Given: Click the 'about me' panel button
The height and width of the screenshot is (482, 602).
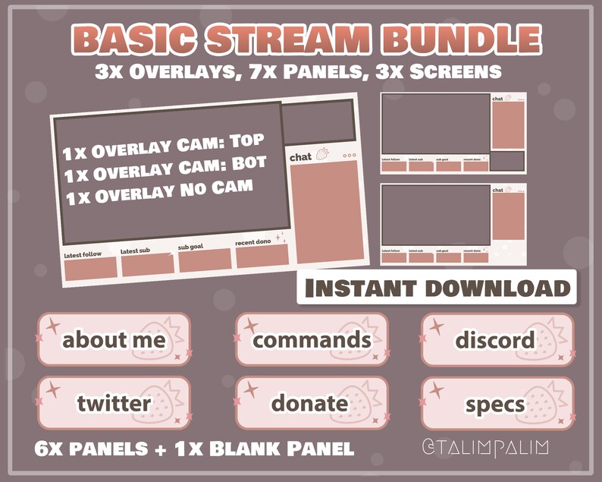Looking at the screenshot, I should [114, 339].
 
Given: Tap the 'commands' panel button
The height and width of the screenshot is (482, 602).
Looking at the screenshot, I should [312, 339].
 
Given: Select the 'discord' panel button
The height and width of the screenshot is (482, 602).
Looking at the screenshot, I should [497, 339].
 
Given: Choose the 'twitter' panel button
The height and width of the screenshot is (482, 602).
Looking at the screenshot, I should [114, 402].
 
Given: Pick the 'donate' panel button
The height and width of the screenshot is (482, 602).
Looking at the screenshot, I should [312, 402].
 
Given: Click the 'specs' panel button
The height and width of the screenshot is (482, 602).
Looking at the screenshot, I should [497, 402].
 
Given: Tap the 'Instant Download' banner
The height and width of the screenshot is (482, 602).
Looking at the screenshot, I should [436, 288].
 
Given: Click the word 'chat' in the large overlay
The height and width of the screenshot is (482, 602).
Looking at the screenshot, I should [301, 157].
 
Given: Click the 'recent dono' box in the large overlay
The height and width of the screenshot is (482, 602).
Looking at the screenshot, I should [262, 256].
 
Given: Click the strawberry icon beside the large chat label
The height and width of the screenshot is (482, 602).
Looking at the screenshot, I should [323, 154].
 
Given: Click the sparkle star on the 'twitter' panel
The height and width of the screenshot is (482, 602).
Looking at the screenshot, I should [52, 390].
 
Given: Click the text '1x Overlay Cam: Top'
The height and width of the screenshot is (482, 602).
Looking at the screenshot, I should [163, 147].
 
